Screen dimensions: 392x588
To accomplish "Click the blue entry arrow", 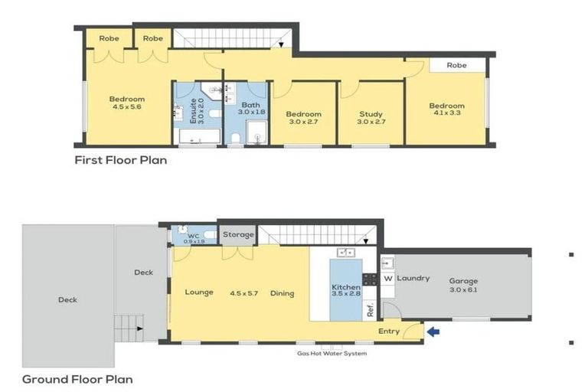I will [434, 332].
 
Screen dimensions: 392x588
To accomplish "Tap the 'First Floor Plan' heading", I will [120, 161].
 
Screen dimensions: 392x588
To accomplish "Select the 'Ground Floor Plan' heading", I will [77, 379].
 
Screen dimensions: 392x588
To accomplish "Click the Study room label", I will [371, 115].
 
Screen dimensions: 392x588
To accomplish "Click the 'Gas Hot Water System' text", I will [332, 353].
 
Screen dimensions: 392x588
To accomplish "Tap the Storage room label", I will [238, 234].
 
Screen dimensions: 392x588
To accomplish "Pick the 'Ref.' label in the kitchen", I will [370, 311].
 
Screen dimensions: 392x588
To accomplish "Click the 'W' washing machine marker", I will [387, 279].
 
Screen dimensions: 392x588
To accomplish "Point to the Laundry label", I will [413, 279].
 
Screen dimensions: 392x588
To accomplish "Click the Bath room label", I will [251, 105].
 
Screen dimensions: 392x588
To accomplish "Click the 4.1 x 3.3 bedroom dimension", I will [446, 115].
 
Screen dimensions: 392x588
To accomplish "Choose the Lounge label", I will [198, 292].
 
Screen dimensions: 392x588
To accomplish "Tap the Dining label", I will [282, 292].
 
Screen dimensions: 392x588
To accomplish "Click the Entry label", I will [388, 331].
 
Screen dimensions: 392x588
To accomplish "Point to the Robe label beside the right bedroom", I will [456, 66].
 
